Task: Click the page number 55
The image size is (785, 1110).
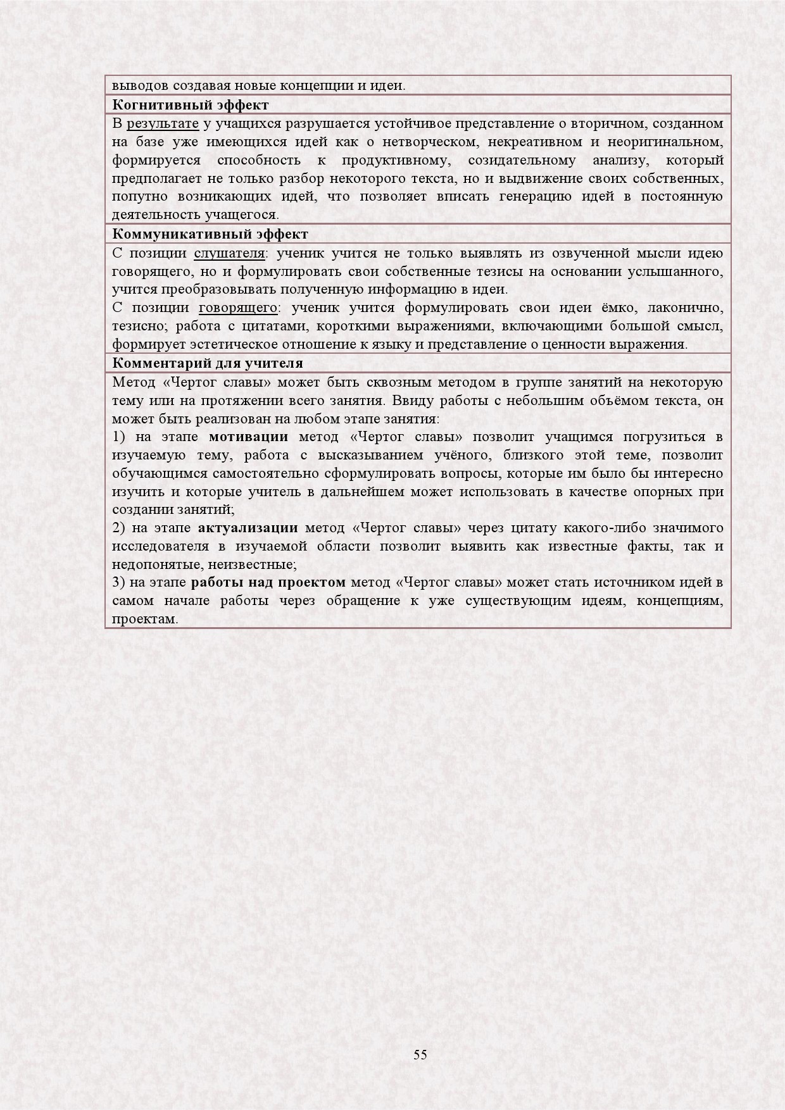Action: [x=420, y=1054]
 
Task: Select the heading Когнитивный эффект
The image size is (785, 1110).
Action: [x=191, y=104]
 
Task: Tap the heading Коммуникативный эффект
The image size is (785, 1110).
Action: [x=210, y=234]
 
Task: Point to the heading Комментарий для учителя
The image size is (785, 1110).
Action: [x=208, y=363]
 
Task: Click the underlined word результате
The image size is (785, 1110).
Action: [x=163, y=123]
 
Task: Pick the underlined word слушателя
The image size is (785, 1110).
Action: [x=229, y=254]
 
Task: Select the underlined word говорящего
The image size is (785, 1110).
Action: [x=238, y=308]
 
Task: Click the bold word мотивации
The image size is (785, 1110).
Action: [x=248, y=437]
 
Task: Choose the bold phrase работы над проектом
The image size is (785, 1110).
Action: [x=268, y=582]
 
